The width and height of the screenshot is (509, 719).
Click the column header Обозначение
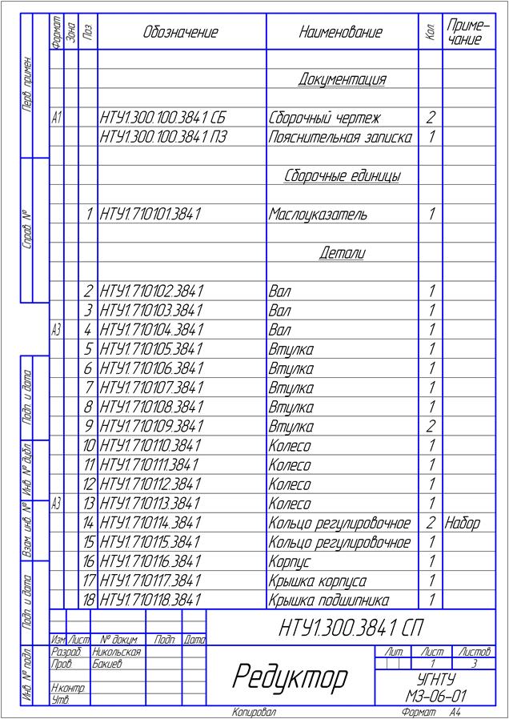coord(181,33)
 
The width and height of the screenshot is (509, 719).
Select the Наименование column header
coord(341,33)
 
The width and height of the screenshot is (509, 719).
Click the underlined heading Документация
coord(342,79)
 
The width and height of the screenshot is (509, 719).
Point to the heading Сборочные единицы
coord(341,176)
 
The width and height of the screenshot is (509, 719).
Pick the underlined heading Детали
coord(342,253)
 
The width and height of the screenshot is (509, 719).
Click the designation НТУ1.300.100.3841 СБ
coord(162,118)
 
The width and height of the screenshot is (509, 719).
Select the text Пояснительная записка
coord(340,137)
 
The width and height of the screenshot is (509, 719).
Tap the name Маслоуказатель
coord(318,215)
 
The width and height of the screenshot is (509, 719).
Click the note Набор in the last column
coord(462,523)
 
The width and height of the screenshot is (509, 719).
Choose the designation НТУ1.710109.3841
coord(150,427)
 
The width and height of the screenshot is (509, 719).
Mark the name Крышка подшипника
coord(328,601)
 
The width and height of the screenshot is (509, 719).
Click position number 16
coord(89,562)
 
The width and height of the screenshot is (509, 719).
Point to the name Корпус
coord(289,562)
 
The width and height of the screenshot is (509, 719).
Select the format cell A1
coord(56,118)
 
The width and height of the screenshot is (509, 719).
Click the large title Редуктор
coord(290,677)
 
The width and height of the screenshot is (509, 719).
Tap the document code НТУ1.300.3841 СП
coord(351,628)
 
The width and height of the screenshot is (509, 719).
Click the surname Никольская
coord(116,652)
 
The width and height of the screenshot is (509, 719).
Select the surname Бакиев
coord(106,664)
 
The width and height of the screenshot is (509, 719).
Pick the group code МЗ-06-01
coord(435,697)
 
